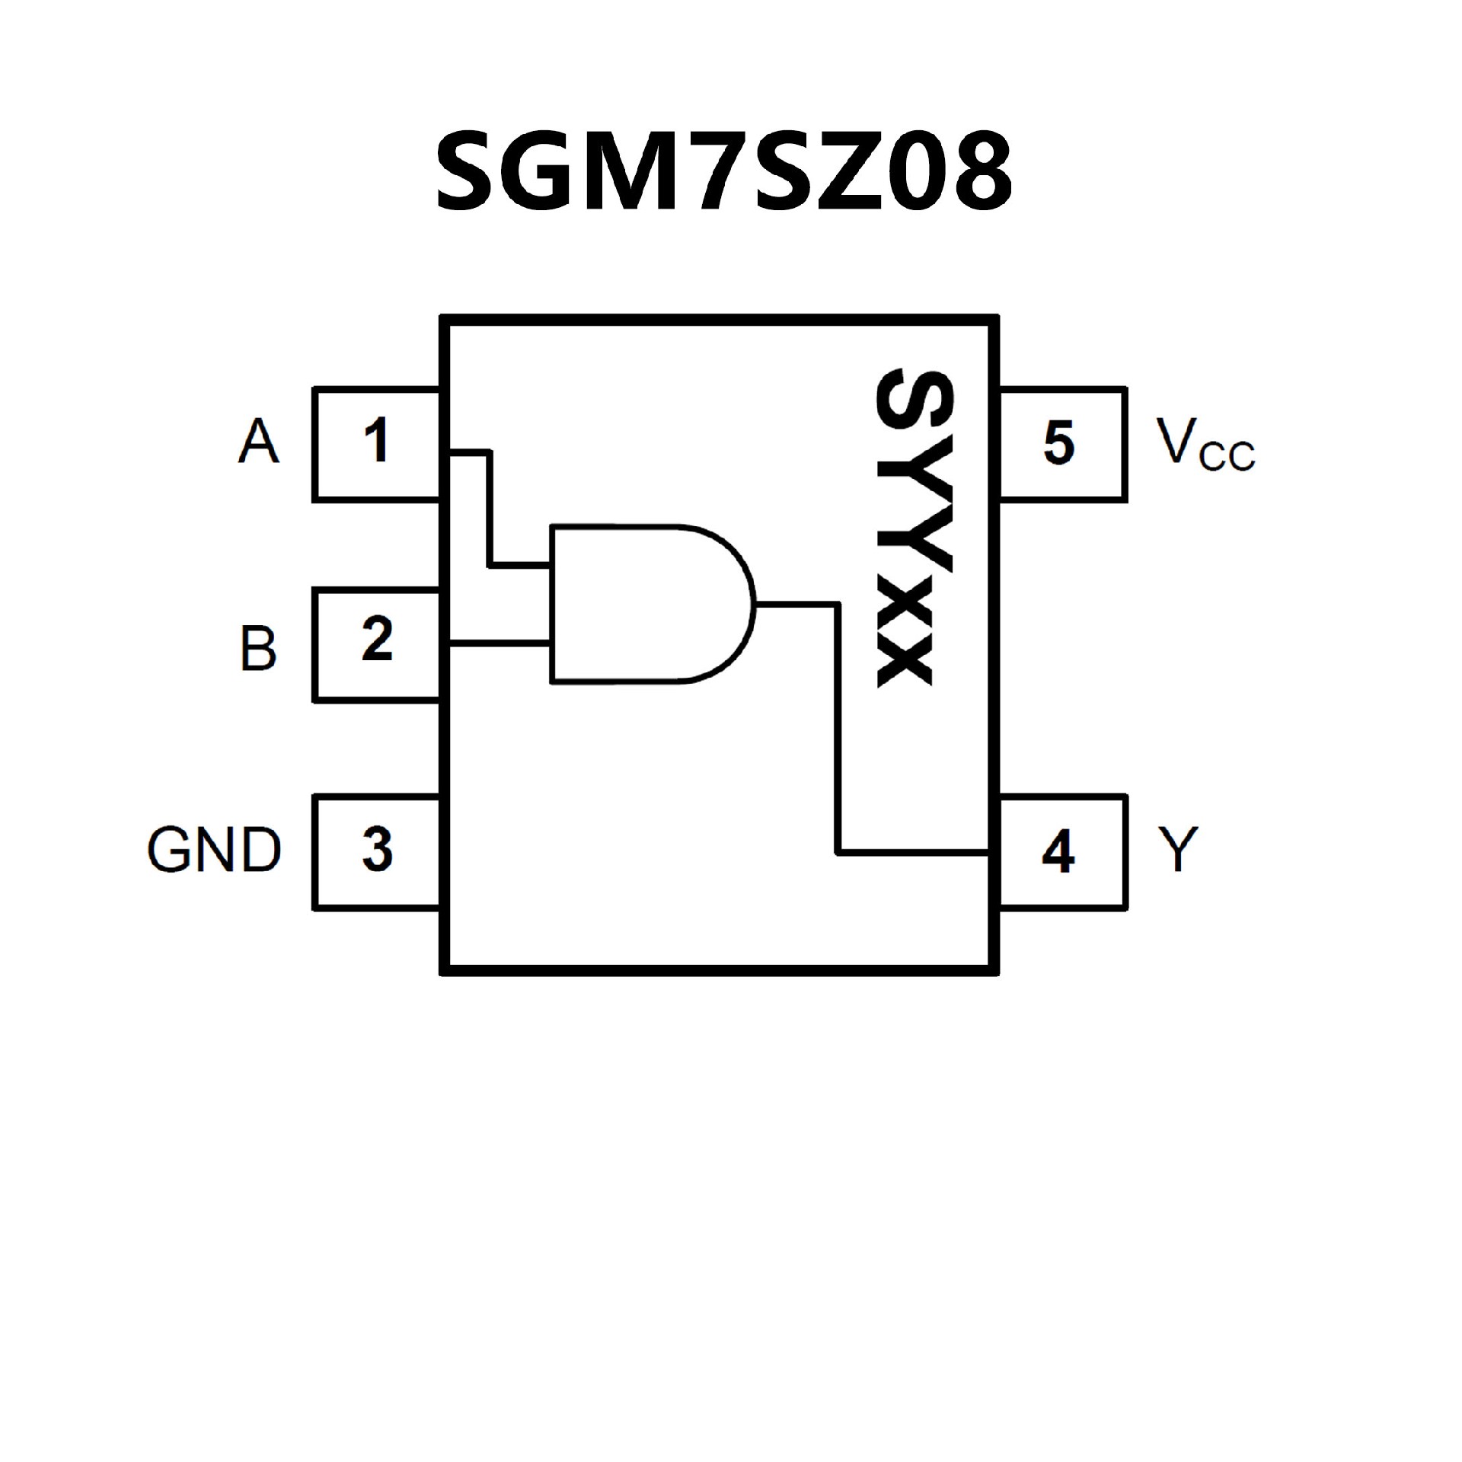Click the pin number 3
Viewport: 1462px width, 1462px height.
point(377,849)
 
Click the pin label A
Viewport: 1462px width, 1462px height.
point(259,442)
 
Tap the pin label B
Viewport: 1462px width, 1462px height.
point(258,648)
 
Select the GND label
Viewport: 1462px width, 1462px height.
point(214,850)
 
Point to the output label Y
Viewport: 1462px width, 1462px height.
point(1179,850)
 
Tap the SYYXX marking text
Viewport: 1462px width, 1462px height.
point(905,527)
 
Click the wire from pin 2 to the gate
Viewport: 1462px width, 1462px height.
point(500,646)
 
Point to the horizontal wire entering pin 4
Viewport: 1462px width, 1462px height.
point(914,852)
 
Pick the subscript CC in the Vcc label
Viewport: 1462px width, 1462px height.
point(1227,457)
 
